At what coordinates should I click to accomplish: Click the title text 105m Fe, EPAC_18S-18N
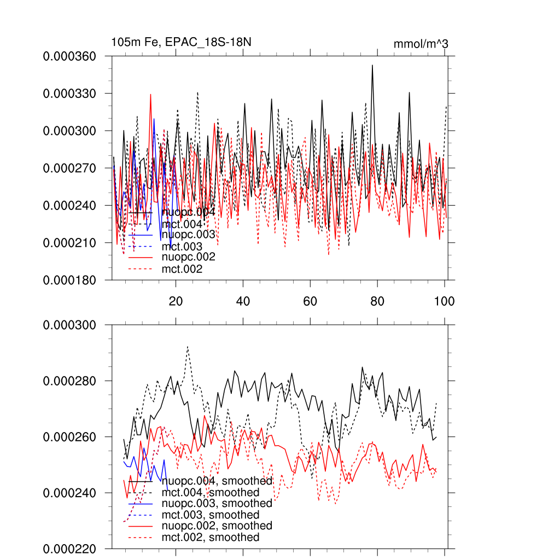tap(181, 42)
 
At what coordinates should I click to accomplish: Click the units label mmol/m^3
tap(421, 44)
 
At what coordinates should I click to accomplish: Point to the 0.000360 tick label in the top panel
tap(69, 56)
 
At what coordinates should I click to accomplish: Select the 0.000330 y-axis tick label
tap(69, 94)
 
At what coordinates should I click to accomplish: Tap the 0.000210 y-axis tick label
tap(69, 243)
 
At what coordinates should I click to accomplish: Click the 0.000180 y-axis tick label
tap(69, 280)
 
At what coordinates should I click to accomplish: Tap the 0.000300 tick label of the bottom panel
tap(69, 325)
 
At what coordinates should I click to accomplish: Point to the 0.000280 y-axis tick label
tap(69, 381)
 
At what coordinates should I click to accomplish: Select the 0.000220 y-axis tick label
tap(69, 549)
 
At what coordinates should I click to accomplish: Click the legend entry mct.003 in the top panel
tap(182, 247)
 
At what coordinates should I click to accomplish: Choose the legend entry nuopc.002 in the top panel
tap(188, 257)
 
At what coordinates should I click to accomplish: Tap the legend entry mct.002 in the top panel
tap(182, 269)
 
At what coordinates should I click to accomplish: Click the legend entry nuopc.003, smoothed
tap(217, 503)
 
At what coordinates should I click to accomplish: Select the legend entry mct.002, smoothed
tap(211, 538)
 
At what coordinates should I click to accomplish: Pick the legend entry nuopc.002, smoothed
tap(217, 526)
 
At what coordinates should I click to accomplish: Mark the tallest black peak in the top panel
tap(372, 65)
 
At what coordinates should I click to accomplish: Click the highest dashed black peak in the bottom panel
tap(188, 346)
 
